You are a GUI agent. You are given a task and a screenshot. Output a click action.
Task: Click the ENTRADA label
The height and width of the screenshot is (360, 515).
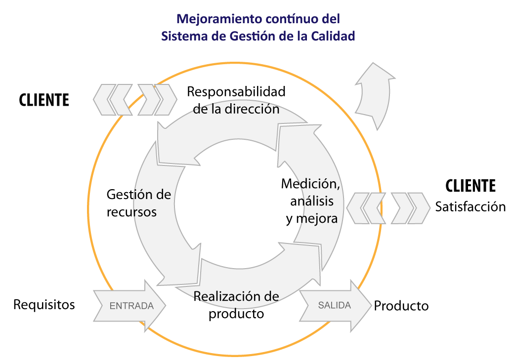click(x=131, y=306)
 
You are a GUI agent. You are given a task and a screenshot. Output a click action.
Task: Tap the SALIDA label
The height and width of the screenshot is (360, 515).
click(x=334, y=305)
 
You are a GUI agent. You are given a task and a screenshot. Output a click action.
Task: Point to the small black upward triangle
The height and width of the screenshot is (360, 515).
click(x=135, y=89)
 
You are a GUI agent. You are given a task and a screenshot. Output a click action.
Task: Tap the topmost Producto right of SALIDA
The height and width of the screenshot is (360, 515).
click(x=401, y=306)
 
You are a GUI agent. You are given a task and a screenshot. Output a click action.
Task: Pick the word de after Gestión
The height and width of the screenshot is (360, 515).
click(x=163, y=195)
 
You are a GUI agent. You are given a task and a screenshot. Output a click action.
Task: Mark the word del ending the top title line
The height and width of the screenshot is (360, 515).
click(x=331, y=19)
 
